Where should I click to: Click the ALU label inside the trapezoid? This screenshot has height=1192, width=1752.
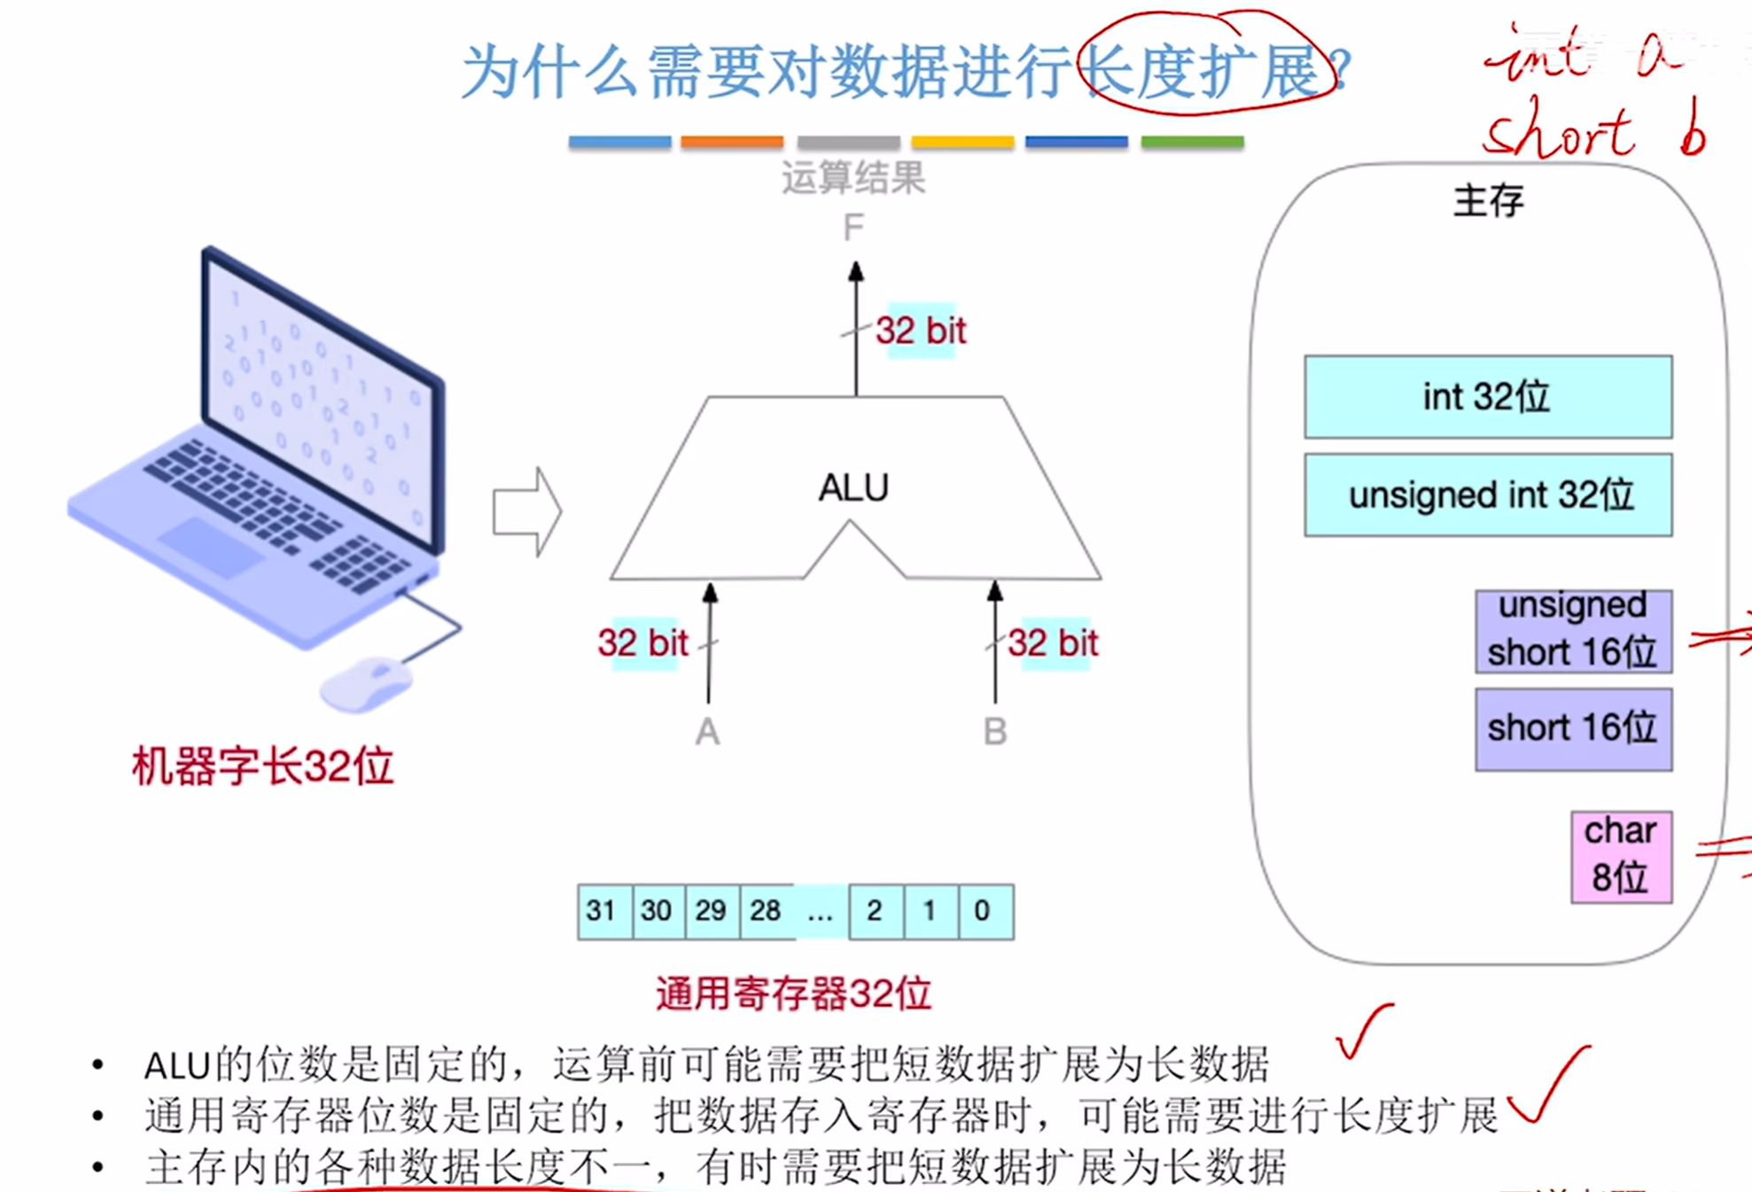(x=853, y=488)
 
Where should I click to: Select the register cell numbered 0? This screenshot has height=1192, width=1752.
(x=984, y=911)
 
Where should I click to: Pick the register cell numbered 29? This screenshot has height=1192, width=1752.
(x=711, y=911)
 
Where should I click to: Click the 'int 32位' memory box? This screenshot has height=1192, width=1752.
(x=1487, y=397)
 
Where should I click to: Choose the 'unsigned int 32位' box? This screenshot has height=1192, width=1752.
(x=1487, y=495)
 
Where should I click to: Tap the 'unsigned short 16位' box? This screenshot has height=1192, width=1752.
(x=1572, y=630)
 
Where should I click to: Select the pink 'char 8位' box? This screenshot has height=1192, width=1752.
(x=1621, y=856)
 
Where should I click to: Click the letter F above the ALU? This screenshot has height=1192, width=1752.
(x=853, y=229)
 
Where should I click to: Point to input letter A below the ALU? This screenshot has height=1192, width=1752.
(x=707, y=732)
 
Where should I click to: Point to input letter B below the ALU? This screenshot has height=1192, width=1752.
(x=995, y=732)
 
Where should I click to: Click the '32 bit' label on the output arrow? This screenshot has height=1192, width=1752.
(x=921, y=331)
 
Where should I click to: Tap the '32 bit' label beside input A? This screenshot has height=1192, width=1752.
(x=642, y=643)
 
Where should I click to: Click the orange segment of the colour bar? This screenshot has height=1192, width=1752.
(x=732, y=142)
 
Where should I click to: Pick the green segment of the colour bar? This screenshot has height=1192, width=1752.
(x=1192, y=142)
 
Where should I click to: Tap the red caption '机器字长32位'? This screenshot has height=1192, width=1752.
(x=262, y=766)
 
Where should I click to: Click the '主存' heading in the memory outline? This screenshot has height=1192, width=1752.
(x=1489, y=201)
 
